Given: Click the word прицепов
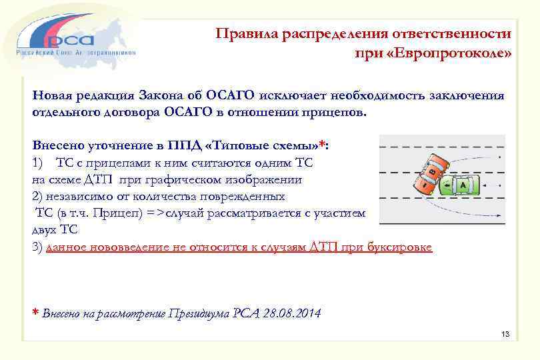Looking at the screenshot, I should point(336,111).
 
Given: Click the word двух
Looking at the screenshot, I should point(45,230).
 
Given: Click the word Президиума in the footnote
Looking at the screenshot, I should point(199,313).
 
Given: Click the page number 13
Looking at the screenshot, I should point(504,333).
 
